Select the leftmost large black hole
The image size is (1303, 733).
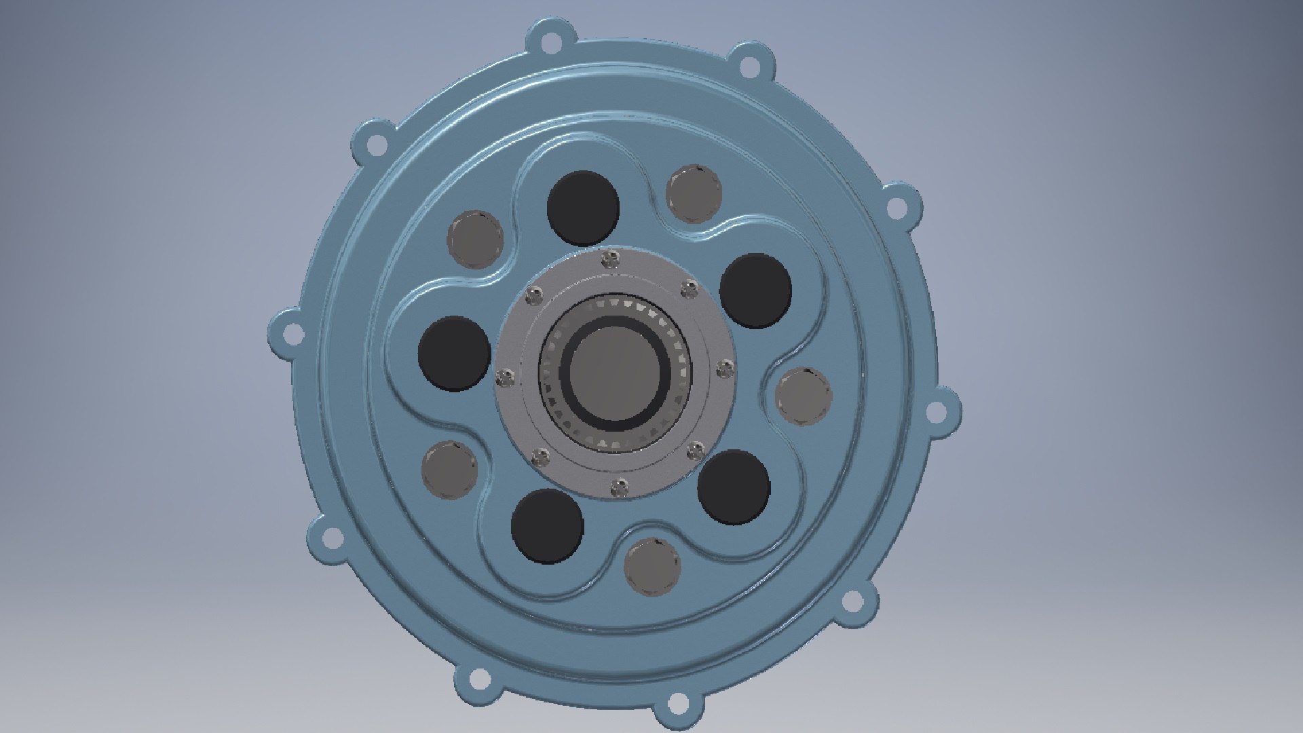click(x=454, y=353)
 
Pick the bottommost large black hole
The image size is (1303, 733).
click(x=548, y=525)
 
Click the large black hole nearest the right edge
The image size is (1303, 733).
click(x=755, y=290)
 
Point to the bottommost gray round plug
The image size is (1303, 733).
click(x=651, y=566)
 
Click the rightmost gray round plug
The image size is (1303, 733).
click(x=804, y=397)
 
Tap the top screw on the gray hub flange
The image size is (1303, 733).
click(x=611, y=258)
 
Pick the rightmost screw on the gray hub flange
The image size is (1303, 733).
click(x=725, y=368)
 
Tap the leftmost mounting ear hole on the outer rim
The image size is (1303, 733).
click(x=292, y=333)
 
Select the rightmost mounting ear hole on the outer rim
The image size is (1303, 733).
click(x=935, y=409)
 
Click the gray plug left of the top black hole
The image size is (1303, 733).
click(x=475, y=239)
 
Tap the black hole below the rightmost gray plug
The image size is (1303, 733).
click(x=734, y=486)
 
